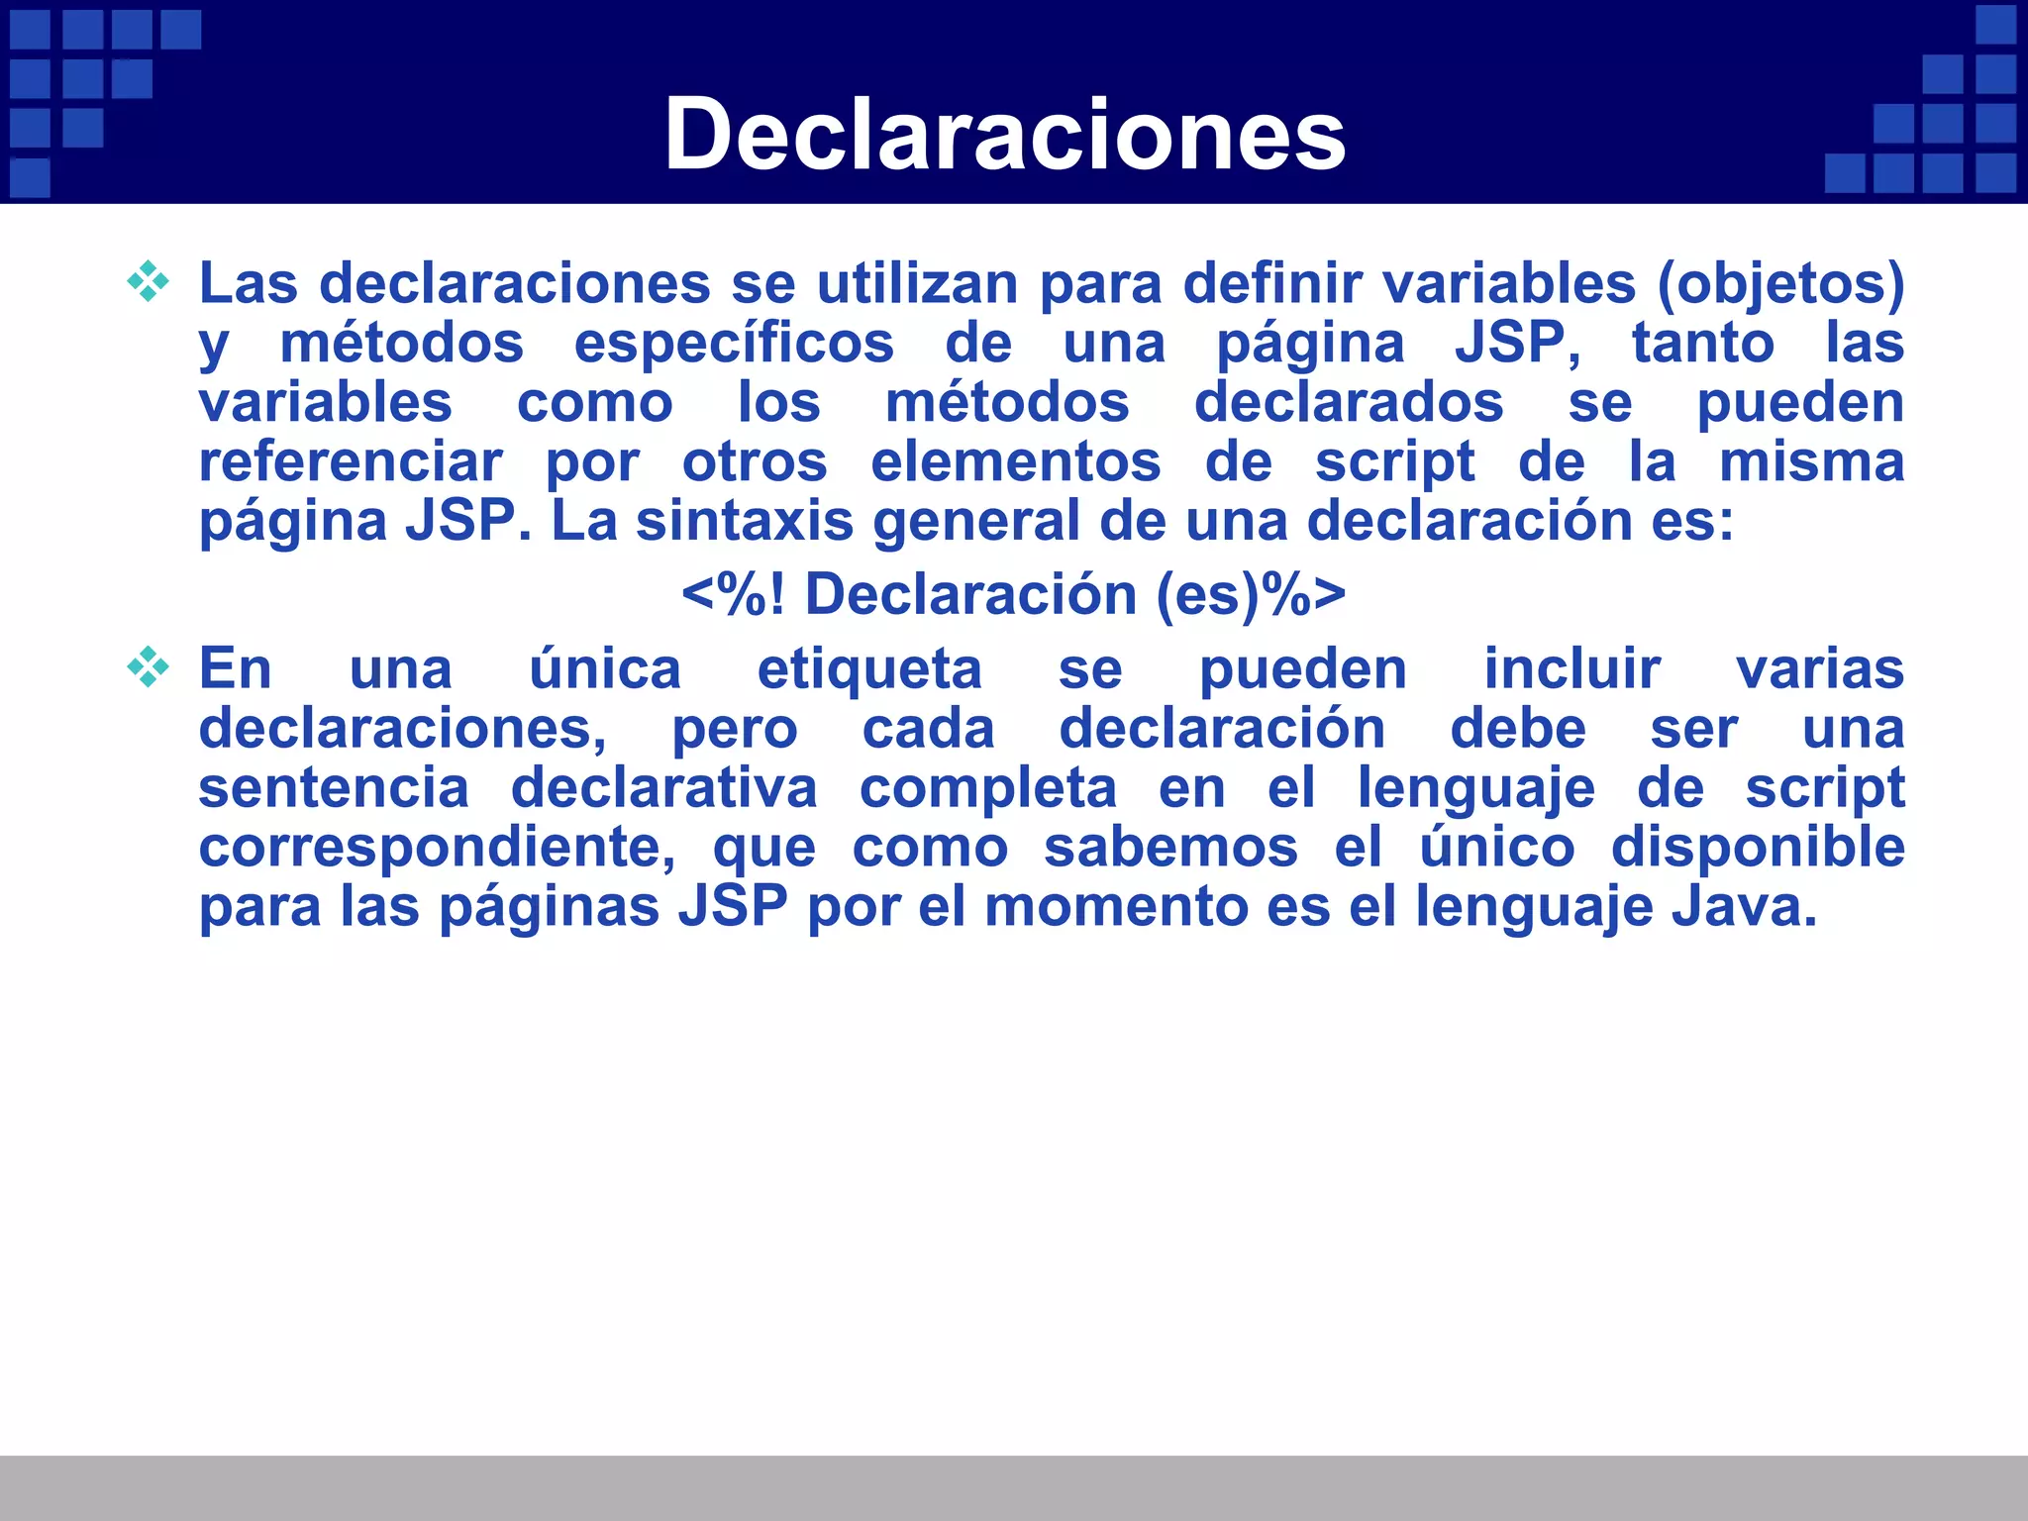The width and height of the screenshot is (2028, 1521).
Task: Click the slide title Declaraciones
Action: coord(1004,135)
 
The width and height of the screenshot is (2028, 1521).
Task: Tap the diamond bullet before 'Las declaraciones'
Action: coord(149,281)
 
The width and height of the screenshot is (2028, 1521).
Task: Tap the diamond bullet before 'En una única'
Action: coord(149,666)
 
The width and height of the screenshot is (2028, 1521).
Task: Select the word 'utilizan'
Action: coord(917,283)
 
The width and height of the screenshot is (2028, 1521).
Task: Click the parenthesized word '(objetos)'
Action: coord(1780,285)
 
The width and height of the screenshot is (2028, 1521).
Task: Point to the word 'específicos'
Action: coord(734,345)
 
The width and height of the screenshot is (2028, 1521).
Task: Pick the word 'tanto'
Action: coord(1702,343)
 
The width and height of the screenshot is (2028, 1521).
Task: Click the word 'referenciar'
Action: coord(351,461)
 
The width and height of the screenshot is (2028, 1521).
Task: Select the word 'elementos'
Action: coord(1015,461)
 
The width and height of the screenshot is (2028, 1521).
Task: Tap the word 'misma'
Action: coord(1811,461)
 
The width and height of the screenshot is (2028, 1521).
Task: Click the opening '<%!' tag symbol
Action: coord(733,595)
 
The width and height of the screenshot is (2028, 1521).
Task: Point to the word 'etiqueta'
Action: coord(869,670)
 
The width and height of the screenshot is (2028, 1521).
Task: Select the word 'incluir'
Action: coord(1572,668)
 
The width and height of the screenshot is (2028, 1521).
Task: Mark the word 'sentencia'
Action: coord(334,788)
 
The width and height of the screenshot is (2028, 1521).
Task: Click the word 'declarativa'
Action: coord(664,788)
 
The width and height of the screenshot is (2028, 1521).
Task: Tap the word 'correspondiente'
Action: coord(437,848)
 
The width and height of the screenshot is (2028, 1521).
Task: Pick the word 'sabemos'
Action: coord(1170,848)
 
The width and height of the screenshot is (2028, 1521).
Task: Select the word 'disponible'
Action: coord(1758,848)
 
